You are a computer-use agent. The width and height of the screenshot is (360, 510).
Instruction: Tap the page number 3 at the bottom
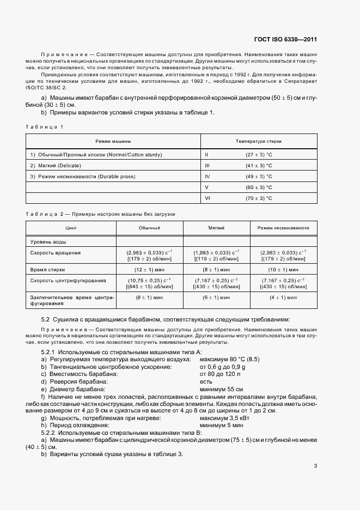coord(316,465)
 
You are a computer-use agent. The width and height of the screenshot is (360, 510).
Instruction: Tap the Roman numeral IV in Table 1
coord(207,177)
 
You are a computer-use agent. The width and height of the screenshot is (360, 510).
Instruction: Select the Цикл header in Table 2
coord(71,228)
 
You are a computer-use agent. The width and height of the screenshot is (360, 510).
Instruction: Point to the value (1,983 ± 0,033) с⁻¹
coord(216,252)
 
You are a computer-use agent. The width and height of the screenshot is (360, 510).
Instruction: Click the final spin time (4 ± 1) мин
coord(283,297)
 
